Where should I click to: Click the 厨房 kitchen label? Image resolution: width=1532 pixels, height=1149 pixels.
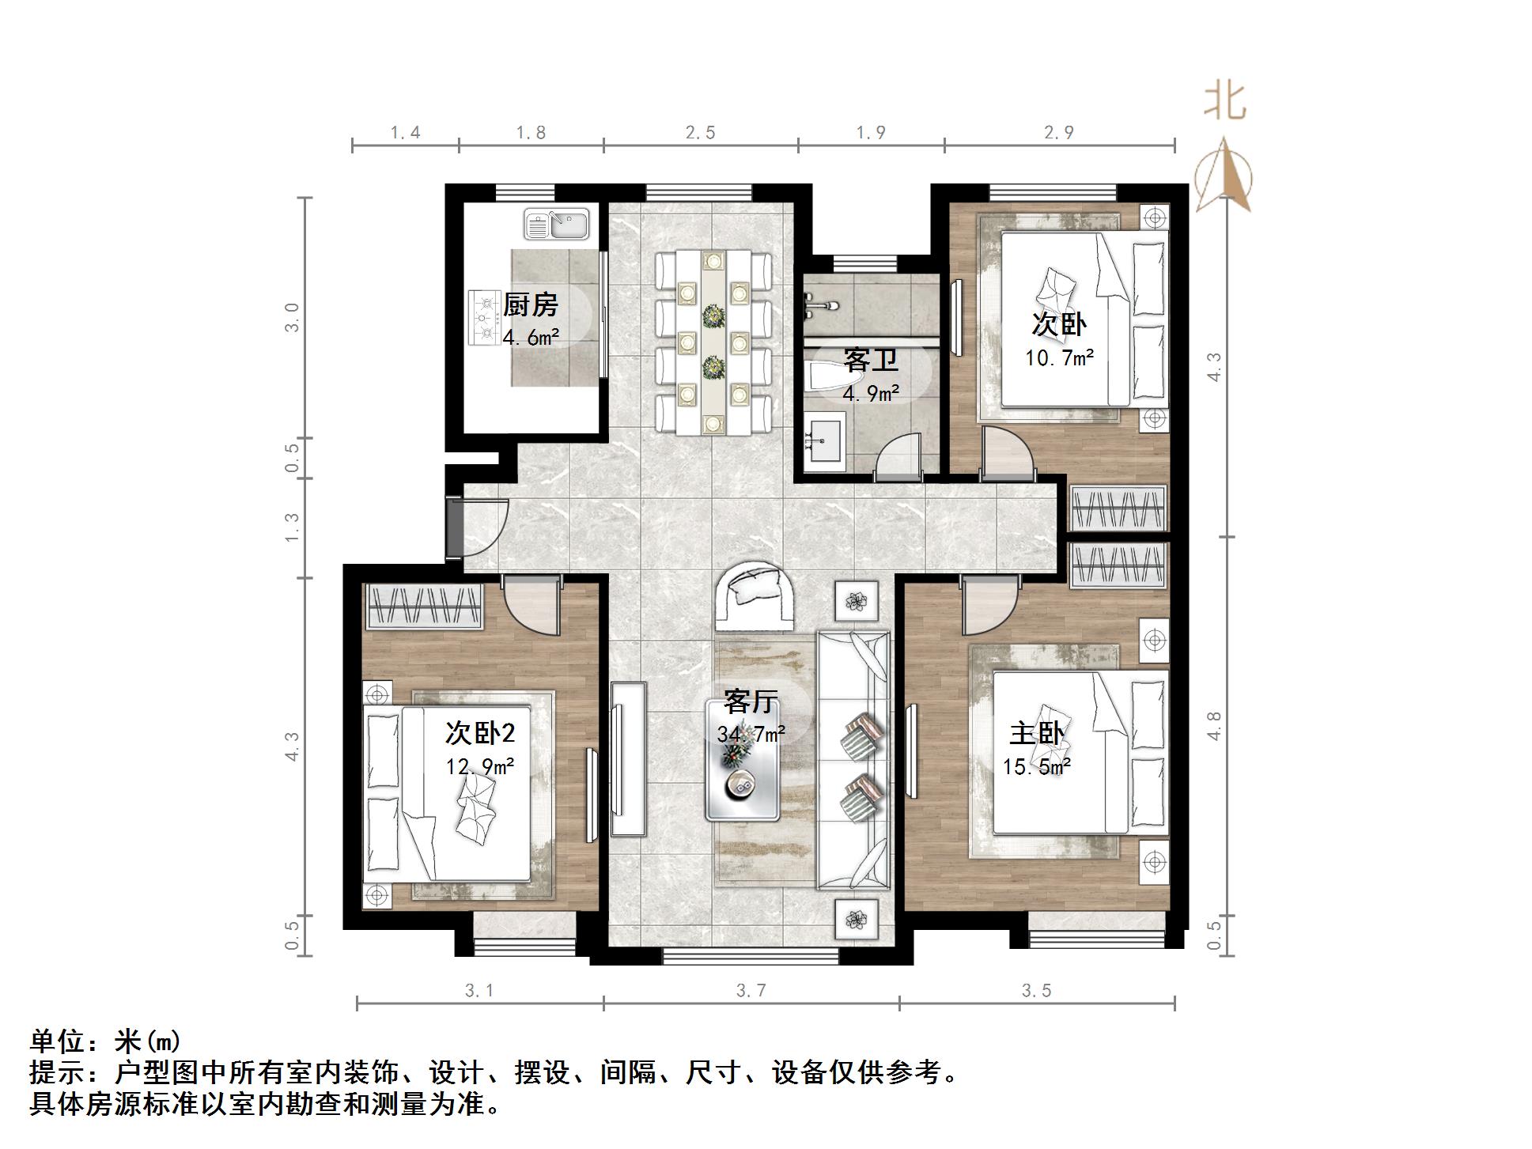click(x=531, y=304)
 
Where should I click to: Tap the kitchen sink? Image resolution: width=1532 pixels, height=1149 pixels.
click(x=557, y=224)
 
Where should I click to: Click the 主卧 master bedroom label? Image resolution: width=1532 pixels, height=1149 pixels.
click(x=1037, y=734)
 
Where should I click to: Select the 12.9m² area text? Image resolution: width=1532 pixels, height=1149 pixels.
click(x=480, y=766)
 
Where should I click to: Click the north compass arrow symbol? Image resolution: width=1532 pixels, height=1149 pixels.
click(x=1223, y=176)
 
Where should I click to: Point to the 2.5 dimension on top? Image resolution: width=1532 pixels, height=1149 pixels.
click(x=700, y=133)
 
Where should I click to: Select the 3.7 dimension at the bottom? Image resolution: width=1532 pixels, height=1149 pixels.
click(x=751, y=991)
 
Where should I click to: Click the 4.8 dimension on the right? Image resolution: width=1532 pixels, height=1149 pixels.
click(x=1214, y=726)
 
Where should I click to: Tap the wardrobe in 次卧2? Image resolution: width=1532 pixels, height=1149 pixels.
click(x=424, y=607)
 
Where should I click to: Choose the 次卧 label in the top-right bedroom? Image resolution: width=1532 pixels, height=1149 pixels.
click(x=1059, y=323)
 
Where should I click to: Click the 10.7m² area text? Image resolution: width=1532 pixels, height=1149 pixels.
click(x=1059, y=357)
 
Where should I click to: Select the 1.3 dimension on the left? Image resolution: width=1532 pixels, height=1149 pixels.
click(x=292, y=527)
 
